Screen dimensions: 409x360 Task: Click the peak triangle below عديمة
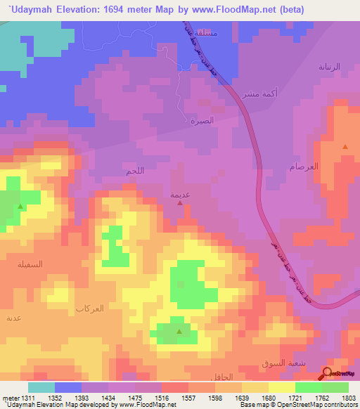tap(181, 204)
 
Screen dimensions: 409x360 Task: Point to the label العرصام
tap(304, 167)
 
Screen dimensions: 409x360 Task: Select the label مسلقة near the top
tap(207, 32)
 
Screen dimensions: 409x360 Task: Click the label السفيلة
tap(30, 264)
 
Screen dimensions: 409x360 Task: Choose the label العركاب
tap(89, 309)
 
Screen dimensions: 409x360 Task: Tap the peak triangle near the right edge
tap(345, 147)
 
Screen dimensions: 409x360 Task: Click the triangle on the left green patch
tap(20, 207)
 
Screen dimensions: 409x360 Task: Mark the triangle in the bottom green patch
tap(179, 331)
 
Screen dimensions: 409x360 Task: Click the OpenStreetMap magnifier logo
tap(328, 374)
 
